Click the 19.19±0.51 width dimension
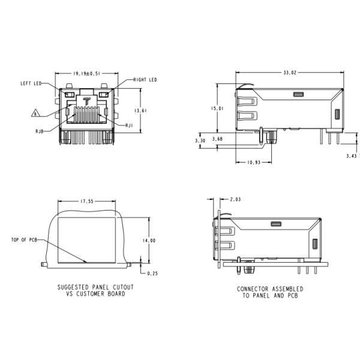[86, 73]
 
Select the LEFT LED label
[29, 83]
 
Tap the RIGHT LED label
[145, 80]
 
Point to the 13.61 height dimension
[140, 110]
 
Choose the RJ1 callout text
[129, 125]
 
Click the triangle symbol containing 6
[35, 113]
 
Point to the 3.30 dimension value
[200, 140]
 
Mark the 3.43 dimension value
[352, 155]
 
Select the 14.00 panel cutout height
[149, 240]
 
